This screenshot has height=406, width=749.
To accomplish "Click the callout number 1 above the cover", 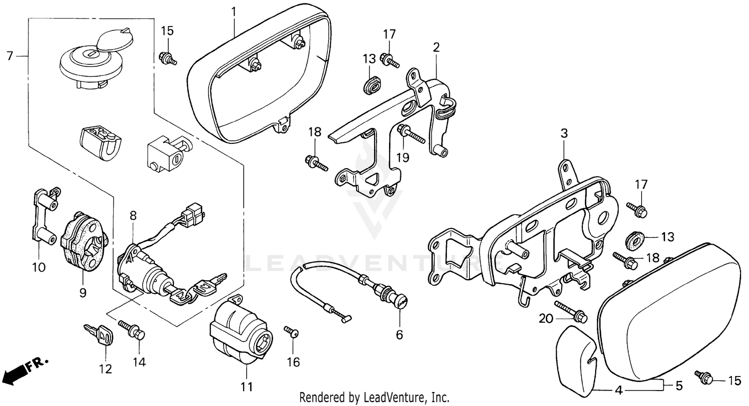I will pyautogui.click(x=234, y=10).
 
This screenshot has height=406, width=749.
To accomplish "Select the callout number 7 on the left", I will pyautogui.click(x=9, y=56).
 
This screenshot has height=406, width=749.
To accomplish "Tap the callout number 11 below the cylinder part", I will pyautogui.click(x=247, y=387).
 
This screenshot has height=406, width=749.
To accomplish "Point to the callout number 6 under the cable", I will pyautogui.click(x=399, y=335).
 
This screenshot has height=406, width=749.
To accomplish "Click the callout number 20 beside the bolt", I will pyautogui.click(x=546, y=318).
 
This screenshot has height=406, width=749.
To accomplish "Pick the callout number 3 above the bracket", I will pyautogui.click(x=564, y=133).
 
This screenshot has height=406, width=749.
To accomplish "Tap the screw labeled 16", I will pyautogui.click(x=292, y=332).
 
